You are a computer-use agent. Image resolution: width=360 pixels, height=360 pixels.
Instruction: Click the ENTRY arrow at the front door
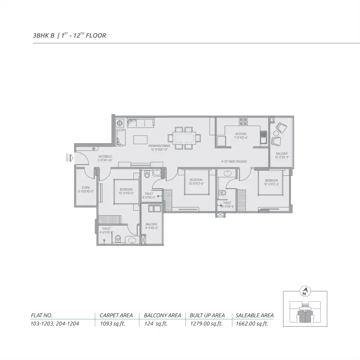tap(72, 158)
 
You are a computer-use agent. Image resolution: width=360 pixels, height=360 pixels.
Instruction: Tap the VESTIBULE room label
tap(105, 158)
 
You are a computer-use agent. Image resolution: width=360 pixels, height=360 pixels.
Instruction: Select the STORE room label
tap(86, 189)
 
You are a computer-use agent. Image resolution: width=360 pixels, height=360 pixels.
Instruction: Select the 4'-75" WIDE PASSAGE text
tap(234, 162)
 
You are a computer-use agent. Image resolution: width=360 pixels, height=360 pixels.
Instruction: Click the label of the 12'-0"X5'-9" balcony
tap(282, 155)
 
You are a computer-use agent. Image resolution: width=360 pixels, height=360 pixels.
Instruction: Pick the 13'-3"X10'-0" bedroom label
tap(126, 191)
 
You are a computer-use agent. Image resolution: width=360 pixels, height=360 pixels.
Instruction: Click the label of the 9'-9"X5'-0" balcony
tap(152, 226)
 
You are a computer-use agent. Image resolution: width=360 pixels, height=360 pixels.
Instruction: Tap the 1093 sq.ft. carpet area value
tap(111, 324)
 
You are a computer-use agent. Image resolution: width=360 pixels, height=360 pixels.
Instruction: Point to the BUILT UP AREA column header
tap(207, 315)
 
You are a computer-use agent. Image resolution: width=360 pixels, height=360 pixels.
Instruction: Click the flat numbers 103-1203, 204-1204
tap(55, 324)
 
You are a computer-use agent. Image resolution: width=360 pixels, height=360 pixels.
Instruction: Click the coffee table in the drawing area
tap(140, 139)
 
